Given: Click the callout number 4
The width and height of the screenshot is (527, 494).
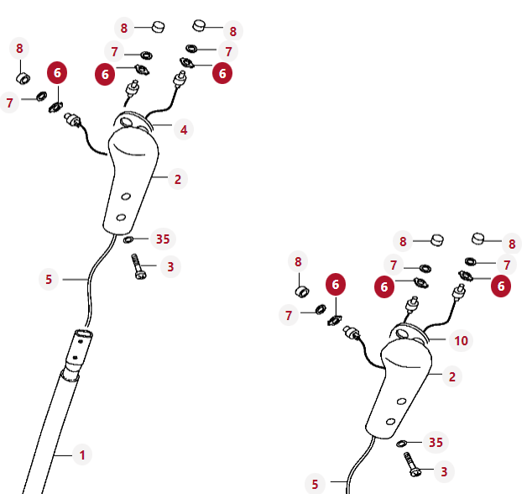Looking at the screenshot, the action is pos(184,130).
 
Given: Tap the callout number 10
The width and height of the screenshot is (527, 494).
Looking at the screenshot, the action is pos(462,341).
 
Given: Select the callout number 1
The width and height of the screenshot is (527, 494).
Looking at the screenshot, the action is pos(82,455).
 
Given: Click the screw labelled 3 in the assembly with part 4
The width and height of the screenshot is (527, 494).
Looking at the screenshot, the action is pos(138,266).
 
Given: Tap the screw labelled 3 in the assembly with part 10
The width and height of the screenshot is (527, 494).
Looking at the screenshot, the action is pos(413,465).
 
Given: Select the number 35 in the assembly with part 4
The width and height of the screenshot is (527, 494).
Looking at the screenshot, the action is pos(163,239).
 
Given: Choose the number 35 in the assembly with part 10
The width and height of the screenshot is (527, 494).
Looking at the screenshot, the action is pos(436,442).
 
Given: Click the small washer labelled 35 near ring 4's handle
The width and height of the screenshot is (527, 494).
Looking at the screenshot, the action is pos(128,239).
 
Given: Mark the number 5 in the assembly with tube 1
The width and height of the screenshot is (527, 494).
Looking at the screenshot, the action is pos(49,279).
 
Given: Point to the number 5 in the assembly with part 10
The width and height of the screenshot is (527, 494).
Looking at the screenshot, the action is pos(315,485).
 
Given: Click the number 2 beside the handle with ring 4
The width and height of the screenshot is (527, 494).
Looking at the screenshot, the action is pos(178,179).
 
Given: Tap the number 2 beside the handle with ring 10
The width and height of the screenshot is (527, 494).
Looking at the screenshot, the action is pos(452,377).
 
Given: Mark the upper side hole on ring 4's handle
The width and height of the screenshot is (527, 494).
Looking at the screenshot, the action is pos(126,197).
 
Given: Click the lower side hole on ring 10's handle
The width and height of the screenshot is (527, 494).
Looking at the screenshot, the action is pos(390,422).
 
